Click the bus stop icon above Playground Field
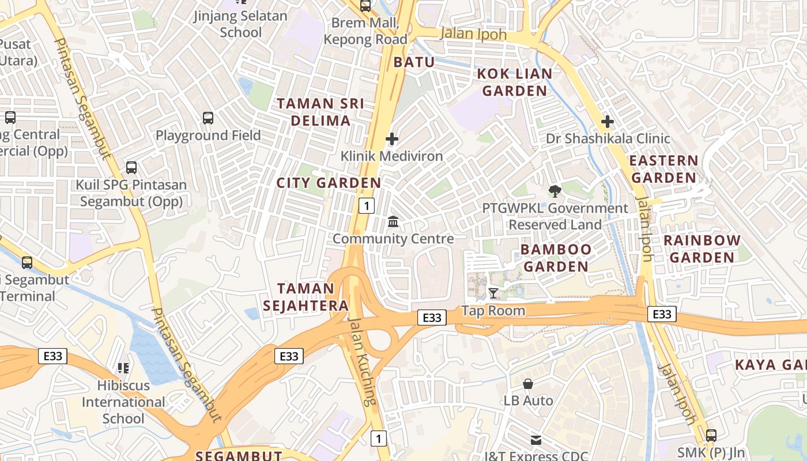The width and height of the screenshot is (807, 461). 208,118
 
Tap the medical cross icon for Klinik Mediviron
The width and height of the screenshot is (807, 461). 392,139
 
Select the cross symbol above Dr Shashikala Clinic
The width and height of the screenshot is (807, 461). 607,122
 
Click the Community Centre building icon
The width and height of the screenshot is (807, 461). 393,221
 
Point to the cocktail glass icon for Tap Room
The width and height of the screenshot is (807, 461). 493,293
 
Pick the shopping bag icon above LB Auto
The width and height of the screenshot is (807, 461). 528,383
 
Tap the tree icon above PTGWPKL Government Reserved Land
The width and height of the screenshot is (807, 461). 555,191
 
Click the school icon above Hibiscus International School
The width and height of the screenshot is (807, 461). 123,368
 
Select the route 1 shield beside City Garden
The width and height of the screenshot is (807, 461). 367,205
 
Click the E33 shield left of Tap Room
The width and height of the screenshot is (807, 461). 432,318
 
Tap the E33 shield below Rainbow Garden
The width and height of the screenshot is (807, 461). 662,314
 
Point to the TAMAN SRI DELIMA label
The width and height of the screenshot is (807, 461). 320,112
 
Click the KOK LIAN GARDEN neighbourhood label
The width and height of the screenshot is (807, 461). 515,82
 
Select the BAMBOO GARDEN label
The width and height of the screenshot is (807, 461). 556,258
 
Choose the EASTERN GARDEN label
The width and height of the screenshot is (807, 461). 663,169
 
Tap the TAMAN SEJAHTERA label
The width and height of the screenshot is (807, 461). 306,297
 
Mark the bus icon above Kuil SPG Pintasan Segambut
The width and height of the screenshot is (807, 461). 131,168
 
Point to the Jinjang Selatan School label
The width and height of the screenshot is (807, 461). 240,24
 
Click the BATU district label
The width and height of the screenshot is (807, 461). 414,62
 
